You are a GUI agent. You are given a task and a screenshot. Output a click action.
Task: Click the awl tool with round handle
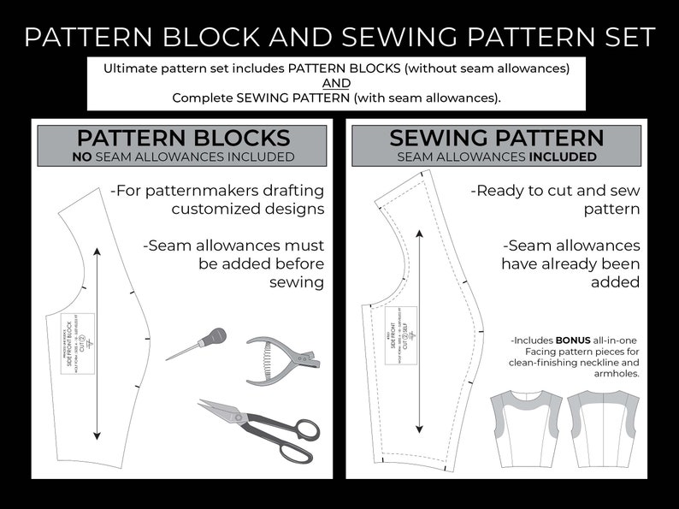[x=192, y=342]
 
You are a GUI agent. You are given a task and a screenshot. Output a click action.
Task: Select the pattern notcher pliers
[x=282, y=353]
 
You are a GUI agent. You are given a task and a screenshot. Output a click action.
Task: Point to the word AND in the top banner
[x=336, y=82]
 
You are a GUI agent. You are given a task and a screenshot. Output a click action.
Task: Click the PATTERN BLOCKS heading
[x=183, y=138]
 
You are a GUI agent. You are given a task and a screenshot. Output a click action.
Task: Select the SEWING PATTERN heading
[x=497, y=138]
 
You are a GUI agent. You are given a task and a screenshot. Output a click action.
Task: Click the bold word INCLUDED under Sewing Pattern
[x=563, y=157]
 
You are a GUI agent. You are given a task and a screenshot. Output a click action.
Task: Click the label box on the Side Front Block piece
[x=73, y=336]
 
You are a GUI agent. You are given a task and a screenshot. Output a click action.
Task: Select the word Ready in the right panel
[x=509, y=190]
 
